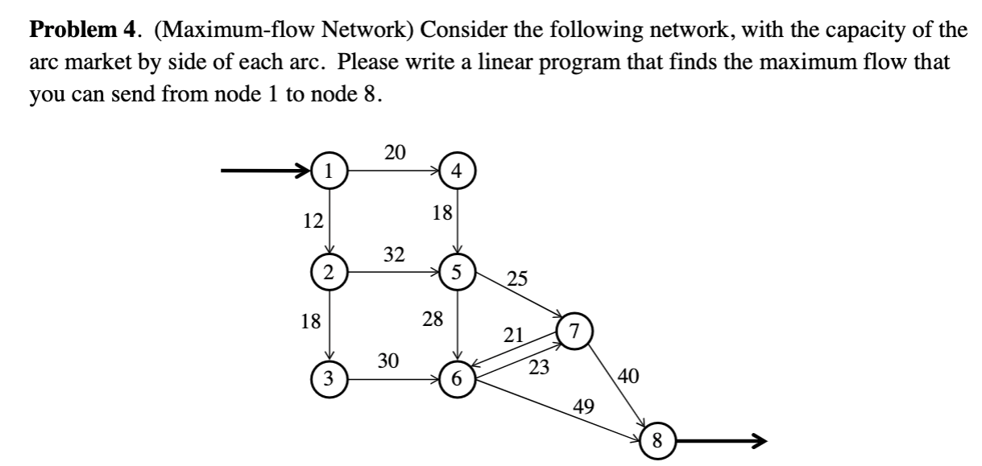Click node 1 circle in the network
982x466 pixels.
click(x=329, y=171)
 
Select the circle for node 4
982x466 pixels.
click(x=458, y=171)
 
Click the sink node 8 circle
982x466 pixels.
click(x=657, y=440)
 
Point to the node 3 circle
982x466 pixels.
click(x=329, y=377)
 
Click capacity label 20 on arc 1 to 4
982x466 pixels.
click(x=395, y=152)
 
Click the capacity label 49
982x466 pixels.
click(x=584, y=406)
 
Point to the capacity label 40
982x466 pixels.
click(x=629, y=375)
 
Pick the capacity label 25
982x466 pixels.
click(x=517, y=280)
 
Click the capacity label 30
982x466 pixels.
click(x=389, y=361)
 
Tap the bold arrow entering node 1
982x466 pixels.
click(x=266, y=171)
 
